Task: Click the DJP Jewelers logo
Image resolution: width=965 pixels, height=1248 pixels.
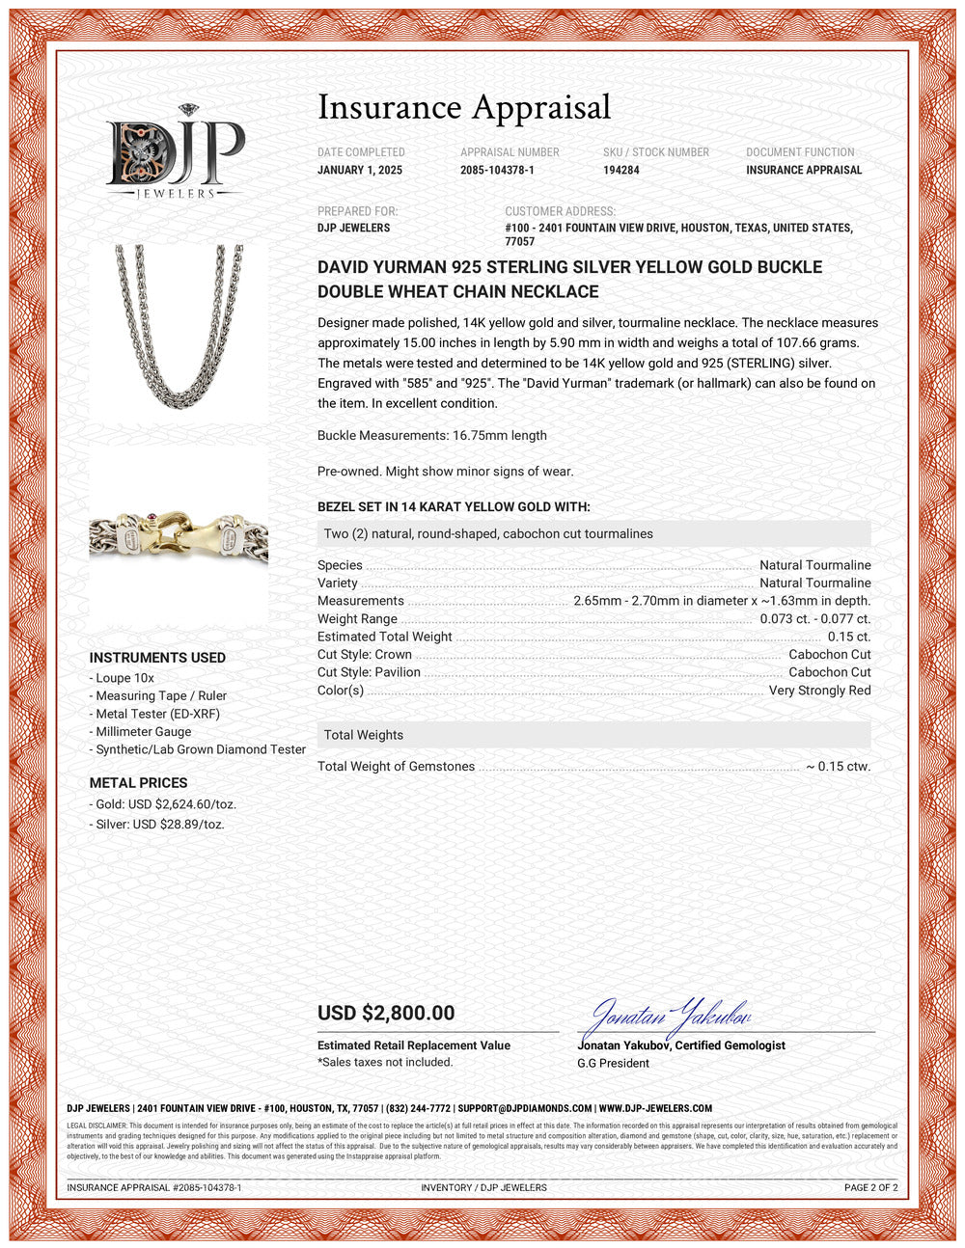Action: click(x=176, y=152)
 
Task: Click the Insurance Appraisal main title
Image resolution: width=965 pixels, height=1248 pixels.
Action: click(x=464, y=107)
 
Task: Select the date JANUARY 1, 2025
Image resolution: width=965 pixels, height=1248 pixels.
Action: click(x=360, y=171)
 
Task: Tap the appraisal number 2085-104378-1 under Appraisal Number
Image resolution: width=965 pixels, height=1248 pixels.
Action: click(x=497, y=171)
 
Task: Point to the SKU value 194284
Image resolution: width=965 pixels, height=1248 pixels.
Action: click(x=621, y=171)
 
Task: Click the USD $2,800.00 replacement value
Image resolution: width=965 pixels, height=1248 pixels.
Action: click(x=386, y=1013)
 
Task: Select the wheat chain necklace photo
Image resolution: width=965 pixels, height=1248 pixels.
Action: click(x=179, y=328)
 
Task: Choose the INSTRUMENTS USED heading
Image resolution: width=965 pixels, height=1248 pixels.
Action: click(x=157, y=658)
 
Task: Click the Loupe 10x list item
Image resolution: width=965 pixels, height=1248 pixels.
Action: click(x=124, y=678)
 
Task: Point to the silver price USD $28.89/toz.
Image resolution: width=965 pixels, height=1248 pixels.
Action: click(x=160, y=825)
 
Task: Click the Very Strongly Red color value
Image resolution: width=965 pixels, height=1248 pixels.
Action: click(x=819, y=691)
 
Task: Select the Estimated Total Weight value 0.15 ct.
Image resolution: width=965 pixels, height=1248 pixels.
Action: click(x=849, y=637)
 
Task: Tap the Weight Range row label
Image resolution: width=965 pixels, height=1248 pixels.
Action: click(x=357, y=619)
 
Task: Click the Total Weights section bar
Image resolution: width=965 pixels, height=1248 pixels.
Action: click(x=593, y=735)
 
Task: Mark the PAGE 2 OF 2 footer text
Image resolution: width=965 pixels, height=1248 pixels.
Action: click(x=870, y=1187)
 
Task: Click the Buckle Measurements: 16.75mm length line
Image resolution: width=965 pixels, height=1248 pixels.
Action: click(x=432, y=436)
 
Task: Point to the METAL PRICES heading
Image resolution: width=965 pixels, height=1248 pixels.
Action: click(x=138, y=783)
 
